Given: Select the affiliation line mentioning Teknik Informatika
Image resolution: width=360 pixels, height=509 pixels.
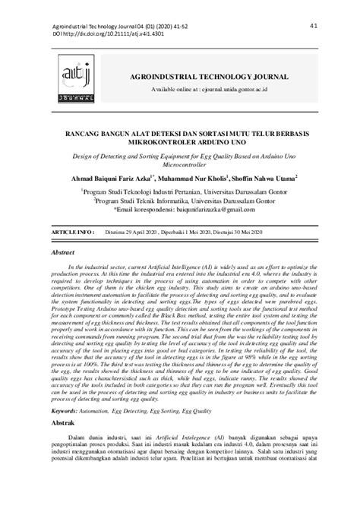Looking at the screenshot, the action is point(179,202).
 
